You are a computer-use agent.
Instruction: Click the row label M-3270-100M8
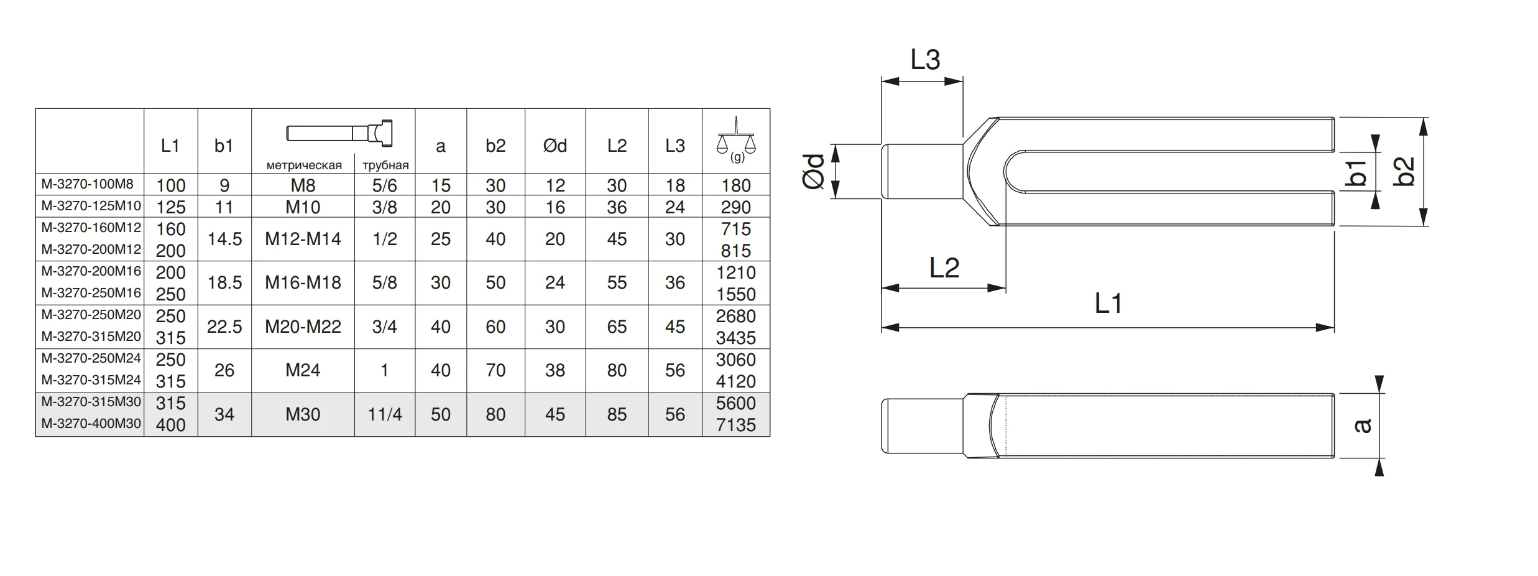88,184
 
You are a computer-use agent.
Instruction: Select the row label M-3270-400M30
91,424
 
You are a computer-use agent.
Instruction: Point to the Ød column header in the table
555,146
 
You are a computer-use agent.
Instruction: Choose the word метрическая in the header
304,165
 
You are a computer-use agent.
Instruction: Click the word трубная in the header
385,165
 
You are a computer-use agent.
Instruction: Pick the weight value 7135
735,425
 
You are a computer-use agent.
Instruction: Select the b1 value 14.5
224,239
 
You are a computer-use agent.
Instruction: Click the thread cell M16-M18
303,282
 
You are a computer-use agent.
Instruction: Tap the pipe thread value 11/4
385,414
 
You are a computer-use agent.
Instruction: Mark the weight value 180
736,185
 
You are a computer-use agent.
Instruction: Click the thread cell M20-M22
303,327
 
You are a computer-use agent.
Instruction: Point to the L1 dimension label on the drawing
1108,304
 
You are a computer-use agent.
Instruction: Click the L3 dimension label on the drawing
925,60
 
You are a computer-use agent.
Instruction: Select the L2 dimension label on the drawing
944,268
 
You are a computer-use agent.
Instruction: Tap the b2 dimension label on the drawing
1404,172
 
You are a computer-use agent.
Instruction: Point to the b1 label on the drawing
1356,172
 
